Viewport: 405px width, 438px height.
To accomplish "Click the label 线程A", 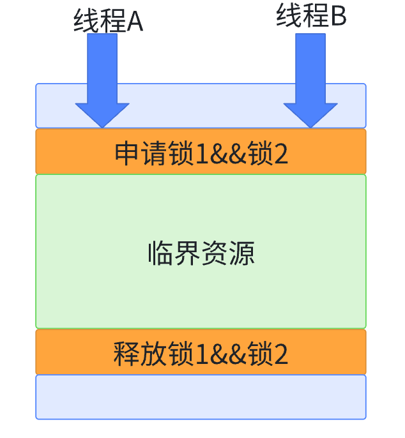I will [108, 21].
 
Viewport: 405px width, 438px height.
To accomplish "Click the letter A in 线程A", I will [134, 22].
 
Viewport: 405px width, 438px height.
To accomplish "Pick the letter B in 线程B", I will [338, 17].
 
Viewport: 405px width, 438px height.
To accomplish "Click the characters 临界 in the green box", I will [174, 253].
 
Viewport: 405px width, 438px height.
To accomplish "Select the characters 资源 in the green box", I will [228, 253].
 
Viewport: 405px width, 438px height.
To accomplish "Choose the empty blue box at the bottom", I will [201, 397].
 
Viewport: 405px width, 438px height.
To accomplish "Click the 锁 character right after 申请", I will [180, 154].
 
